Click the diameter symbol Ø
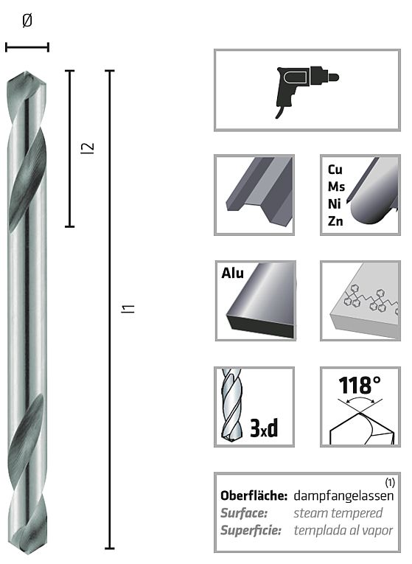(27, 21)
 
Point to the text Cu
(335, 169)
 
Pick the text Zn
(335, 221)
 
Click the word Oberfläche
(254, 496)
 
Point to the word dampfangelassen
(343, 496)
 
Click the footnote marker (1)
(391, 483)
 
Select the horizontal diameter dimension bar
(27, 48)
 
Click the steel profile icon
(254, 195)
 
